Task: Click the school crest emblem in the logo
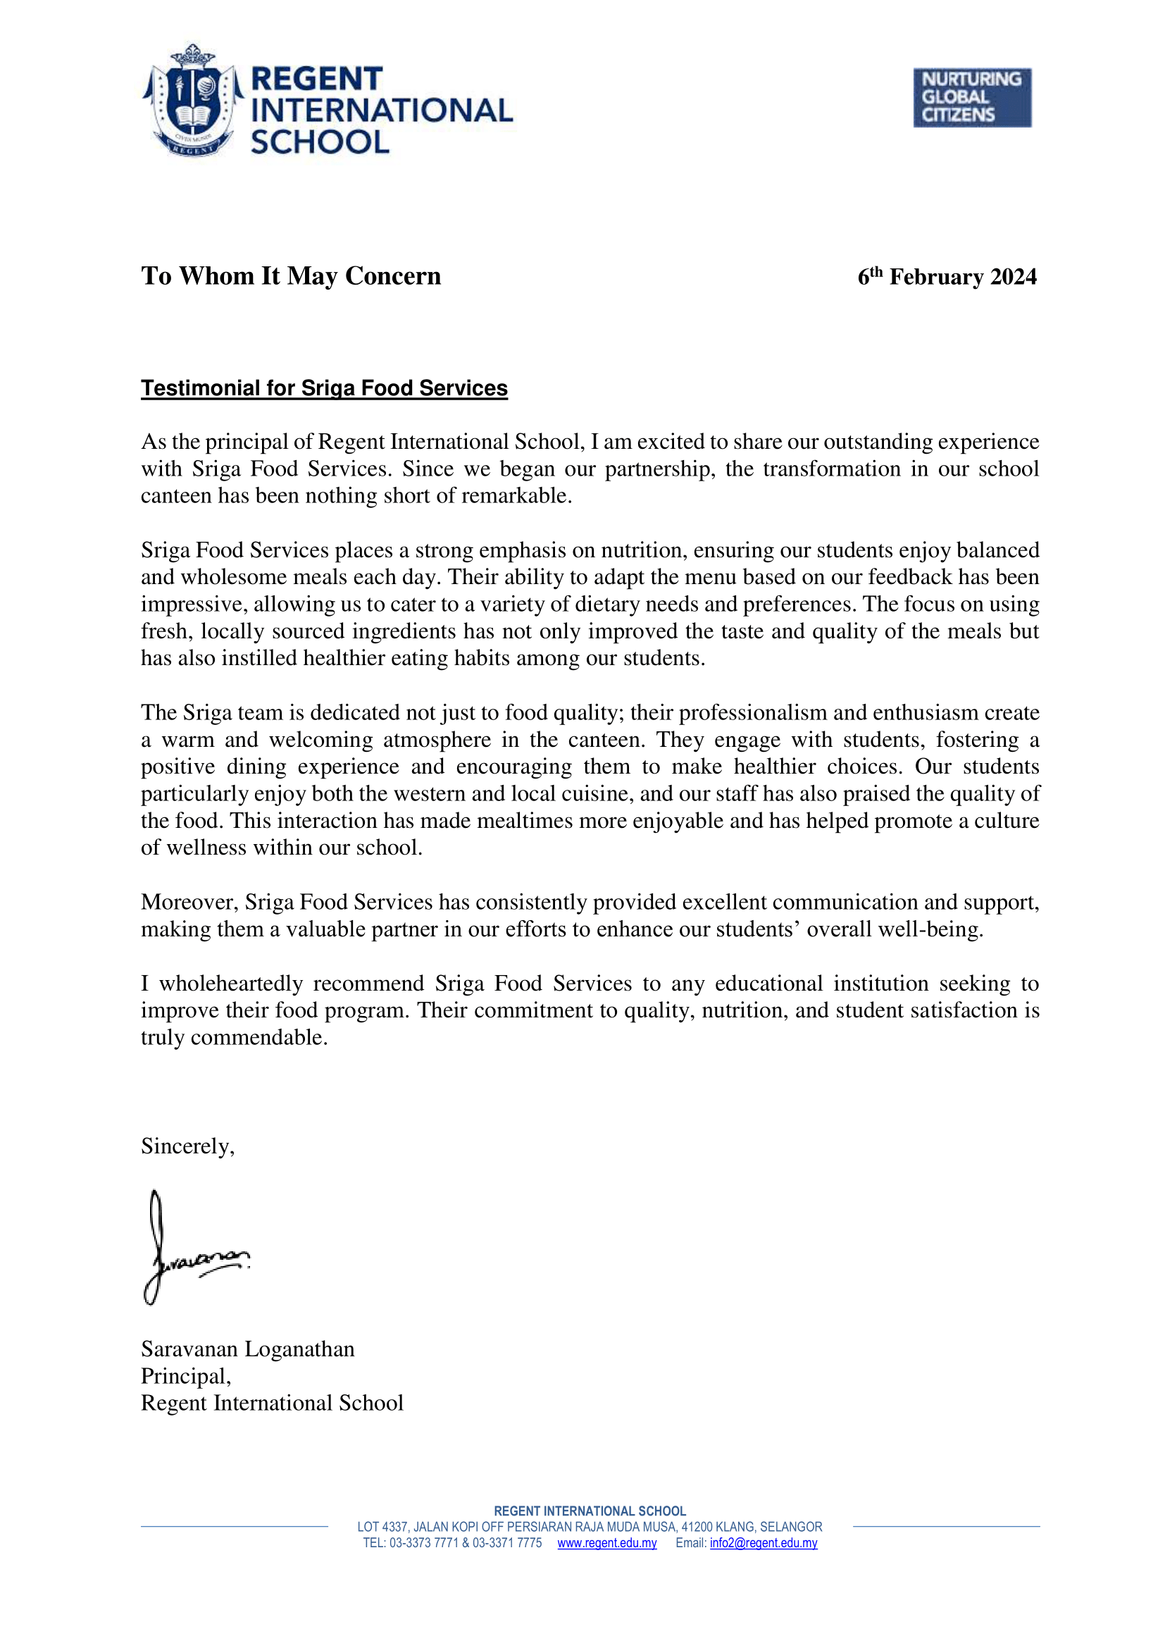[x=192, y=101]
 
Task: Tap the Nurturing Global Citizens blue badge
[x=971, y=98]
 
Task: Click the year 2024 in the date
[x=1013, y=277]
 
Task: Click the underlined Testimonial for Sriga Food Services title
[x=323, y=388]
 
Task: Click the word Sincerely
[x=187, y=1146]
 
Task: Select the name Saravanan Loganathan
[x=247, y=1349]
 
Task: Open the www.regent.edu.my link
[x=607, y=1543]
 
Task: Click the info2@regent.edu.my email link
[x=764, y=1543]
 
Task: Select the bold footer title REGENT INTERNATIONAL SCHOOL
[x=590, y=1511]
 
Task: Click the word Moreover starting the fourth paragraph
[x=189, y=903]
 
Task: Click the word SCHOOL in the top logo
[x=320, y=142]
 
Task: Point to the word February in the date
[x=936, y=277]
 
